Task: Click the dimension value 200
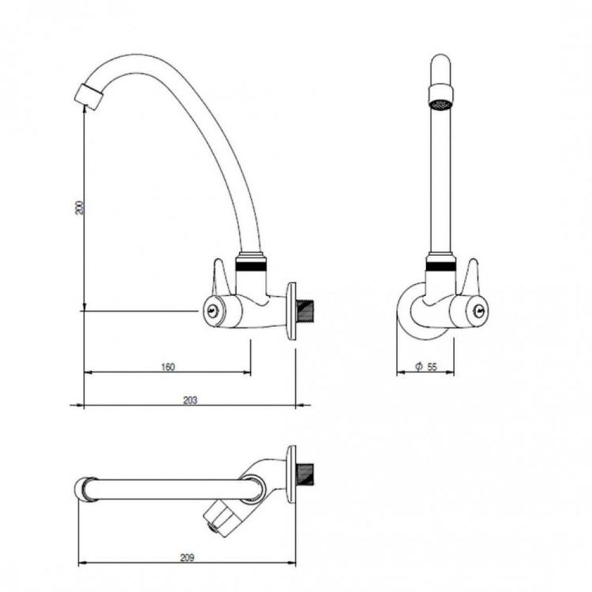coord(80,208)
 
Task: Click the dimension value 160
coord(168,366)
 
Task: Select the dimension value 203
coord(190,400)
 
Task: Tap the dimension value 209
coord(187,557)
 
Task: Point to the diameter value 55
coord(432,366)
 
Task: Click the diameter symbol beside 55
coord(418,366)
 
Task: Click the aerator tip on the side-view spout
coord(88,97)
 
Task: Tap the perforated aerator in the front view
coord(440,104)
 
